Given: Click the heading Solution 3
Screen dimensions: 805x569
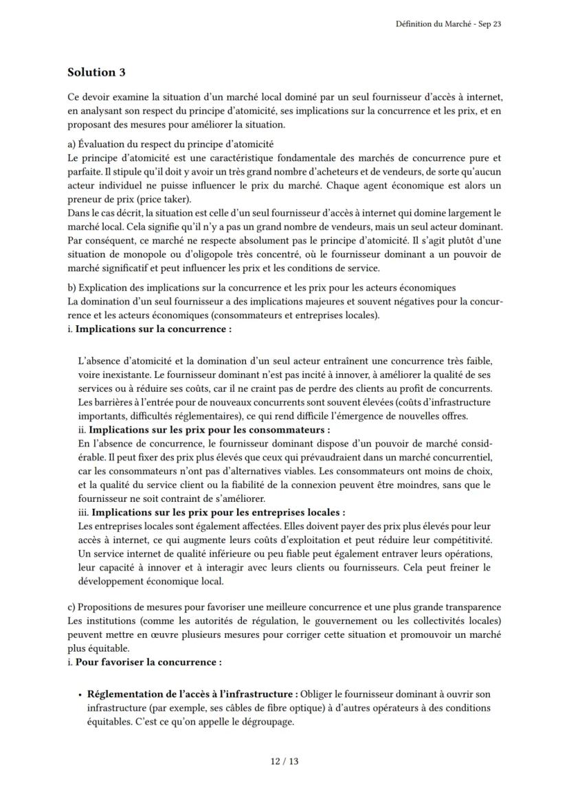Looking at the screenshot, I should click(x=96, y=72).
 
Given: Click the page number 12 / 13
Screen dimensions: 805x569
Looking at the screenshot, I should click(x=284, y=761).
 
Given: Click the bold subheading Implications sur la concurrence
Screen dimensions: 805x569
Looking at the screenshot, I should click(x=153, y=329).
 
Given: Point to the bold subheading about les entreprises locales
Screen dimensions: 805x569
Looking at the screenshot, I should click(x=219, y=512).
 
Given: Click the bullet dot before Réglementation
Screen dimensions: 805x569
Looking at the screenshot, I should click(x=80, y=694).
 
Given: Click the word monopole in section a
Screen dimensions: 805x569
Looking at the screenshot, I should click(x=142, y=254).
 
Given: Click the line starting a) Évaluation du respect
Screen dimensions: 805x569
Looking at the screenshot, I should click(x=170, y=144).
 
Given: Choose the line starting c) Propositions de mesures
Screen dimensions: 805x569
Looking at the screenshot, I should click(x=284, y=607).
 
